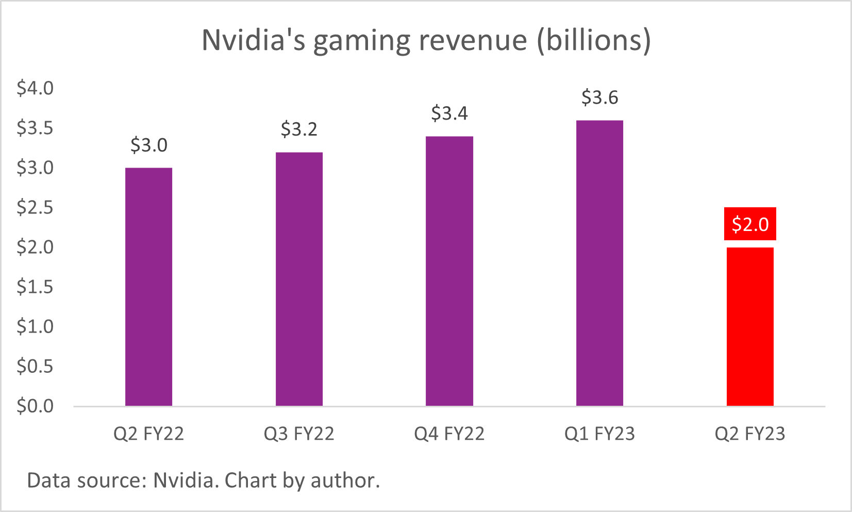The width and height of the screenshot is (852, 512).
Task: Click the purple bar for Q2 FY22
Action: [148, 287]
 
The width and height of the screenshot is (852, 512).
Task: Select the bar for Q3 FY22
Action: [299, 279]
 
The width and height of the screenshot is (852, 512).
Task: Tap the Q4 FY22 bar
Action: [449, 271]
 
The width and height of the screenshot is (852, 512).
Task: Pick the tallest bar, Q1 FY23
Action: [599, 263]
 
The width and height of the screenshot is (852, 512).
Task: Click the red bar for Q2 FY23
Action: [750, 326]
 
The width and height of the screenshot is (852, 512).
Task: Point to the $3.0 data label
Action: [148, 145]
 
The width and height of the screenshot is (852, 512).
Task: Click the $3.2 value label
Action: [299, 129]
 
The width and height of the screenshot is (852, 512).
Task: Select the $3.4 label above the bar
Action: [449, 113]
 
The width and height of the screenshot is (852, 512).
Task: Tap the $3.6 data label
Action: [599, 97]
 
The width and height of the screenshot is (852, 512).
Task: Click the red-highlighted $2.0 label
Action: [750, 224]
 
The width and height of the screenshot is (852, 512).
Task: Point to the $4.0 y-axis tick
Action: [35, 88]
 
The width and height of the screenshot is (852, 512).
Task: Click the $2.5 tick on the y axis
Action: [35, 207]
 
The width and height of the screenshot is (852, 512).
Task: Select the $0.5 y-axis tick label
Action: [35, 366]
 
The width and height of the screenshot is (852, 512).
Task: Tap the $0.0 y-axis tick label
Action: [35, 406]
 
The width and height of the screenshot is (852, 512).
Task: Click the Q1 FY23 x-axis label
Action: [599, 434]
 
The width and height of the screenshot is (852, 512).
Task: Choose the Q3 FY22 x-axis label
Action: [299, 434]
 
